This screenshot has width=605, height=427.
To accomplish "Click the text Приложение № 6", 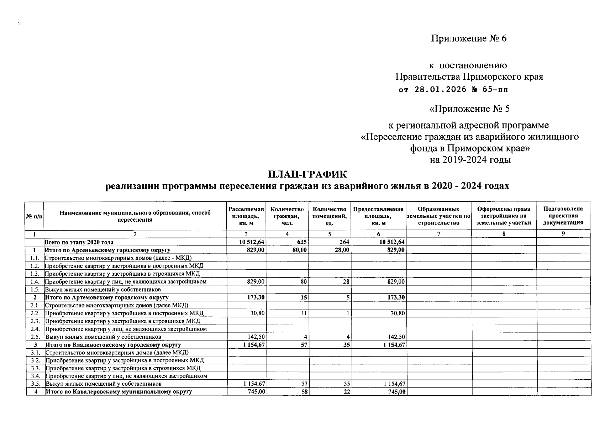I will coord(469,38).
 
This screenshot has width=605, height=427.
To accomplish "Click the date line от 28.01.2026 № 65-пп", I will coord(453,89).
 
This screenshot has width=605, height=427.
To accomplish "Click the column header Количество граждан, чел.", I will coord(287,216).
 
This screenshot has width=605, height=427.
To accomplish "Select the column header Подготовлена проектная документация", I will coord(563,216).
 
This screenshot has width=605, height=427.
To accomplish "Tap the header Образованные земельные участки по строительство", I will coord(438,216).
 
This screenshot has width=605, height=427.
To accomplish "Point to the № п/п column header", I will coord(34,216).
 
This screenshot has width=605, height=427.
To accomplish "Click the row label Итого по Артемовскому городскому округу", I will coord(106,297).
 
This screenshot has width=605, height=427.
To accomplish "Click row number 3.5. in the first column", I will coord(35,384).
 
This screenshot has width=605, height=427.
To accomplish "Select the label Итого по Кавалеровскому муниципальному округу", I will coord(119,392).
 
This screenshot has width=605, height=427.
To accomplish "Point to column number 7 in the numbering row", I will coord(438,234).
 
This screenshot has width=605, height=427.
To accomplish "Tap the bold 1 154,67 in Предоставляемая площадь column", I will coord(394,345).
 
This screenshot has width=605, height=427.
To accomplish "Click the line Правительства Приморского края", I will coord(469,77).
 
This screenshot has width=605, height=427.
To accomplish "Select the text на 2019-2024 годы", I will coord(470,160).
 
